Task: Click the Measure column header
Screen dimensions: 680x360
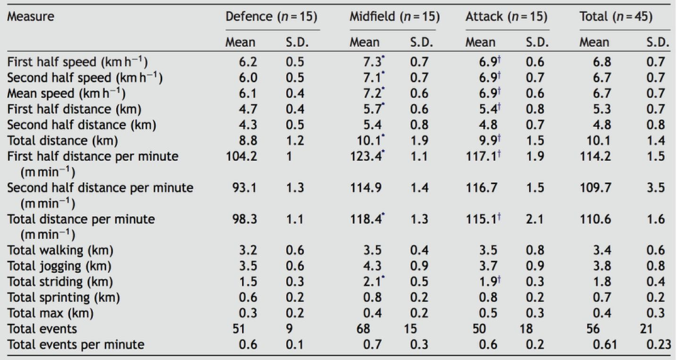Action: coord(31,16)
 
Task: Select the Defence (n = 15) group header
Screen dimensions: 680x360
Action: coord(271,16)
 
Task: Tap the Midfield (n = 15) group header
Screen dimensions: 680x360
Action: coord(395,16)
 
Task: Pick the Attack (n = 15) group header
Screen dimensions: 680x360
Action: coord(506,16)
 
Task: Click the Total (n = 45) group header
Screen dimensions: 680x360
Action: coord(616,16)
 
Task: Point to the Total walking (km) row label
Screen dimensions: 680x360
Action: coord(60,250)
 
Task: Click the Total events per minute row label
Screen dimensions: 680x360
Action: coord(76,344)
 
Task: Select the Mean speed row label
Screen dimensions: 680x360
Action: coord(66,93)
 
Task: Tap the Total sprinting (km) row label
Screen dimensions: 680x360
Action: coord(64,298)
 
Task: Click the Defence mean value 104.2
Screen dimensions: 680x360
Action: coord(241,156)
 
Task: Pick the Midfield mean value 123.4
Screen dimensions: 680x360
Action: coord(366,156)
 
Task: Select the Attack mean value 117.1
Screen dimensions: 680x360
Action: coord(482,156)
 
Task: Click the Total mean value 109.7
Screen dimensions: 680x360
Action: coord(596,188)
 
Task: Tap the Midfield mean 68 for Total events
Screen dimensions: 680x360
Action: coord(363,329)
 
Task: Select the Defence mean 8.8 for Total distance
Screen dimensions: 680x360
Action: coord(247,140)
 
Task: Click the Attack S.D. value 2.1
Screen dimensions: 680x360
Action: coord(535,219)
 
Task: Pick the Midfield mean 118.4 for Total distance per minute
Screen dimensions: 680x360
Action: coord(366,219)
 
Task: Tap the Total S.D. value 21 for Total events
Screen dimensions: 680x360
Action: coord(646,329)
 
